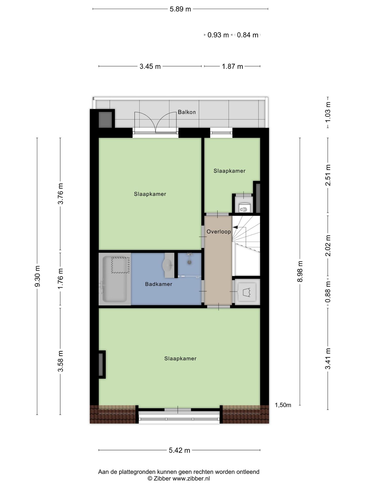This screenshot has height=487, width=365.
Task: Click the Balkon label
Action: point(187,112)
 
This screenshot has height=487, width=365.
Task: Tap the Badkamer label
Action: point(159,284)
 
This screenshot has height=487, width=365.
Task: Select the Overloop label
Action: point(219,232)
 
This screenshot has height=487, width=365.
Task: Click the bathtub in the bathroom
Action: point(115,279)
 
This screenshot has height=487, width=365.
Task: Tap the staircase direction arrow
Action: point(235,227)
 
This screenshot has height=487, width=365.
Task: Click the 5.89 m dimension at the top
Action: point(180,9)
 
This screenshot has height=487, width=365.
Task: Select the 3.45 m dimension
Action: point(150,66)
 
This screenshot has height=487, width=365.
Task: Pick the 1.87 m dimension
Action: point(232,66)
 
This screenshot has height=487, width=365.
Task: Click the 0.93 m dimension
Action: point(218,35)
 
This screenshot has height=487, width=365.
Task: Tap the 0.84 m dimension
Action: point(248,35)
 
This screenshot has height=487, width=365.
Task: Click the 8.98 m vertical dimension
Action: point(300,271)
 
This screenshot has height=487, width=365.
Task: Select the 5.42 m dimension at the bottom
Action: point(179,450)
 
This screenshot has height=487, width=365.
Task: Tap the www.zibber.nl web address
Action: point(191,479)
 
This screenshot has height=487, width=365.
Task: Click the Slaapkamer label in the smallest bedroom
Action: point(229,171)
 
